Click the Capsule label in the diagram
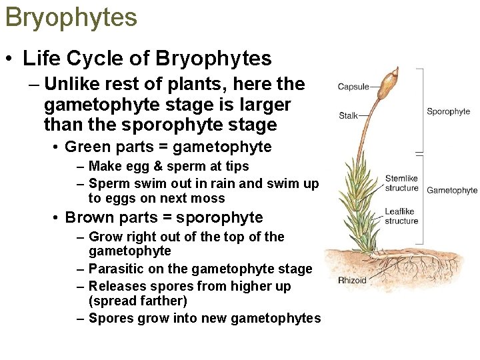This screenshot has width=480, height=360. coord(353,87)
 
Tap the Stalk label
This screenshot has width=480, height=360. coord(348,115)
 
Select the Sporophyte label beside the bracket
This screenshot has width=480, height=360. coord(448,111)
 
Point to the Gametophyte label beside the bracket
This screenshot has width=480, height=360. coord(452,190)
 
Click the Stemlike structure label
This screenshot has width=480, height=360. coord(401,183)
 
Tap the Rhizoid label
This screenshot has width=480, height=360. coord(352,280)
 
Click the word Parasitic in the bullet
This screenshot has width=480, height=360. coord(114,269)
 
